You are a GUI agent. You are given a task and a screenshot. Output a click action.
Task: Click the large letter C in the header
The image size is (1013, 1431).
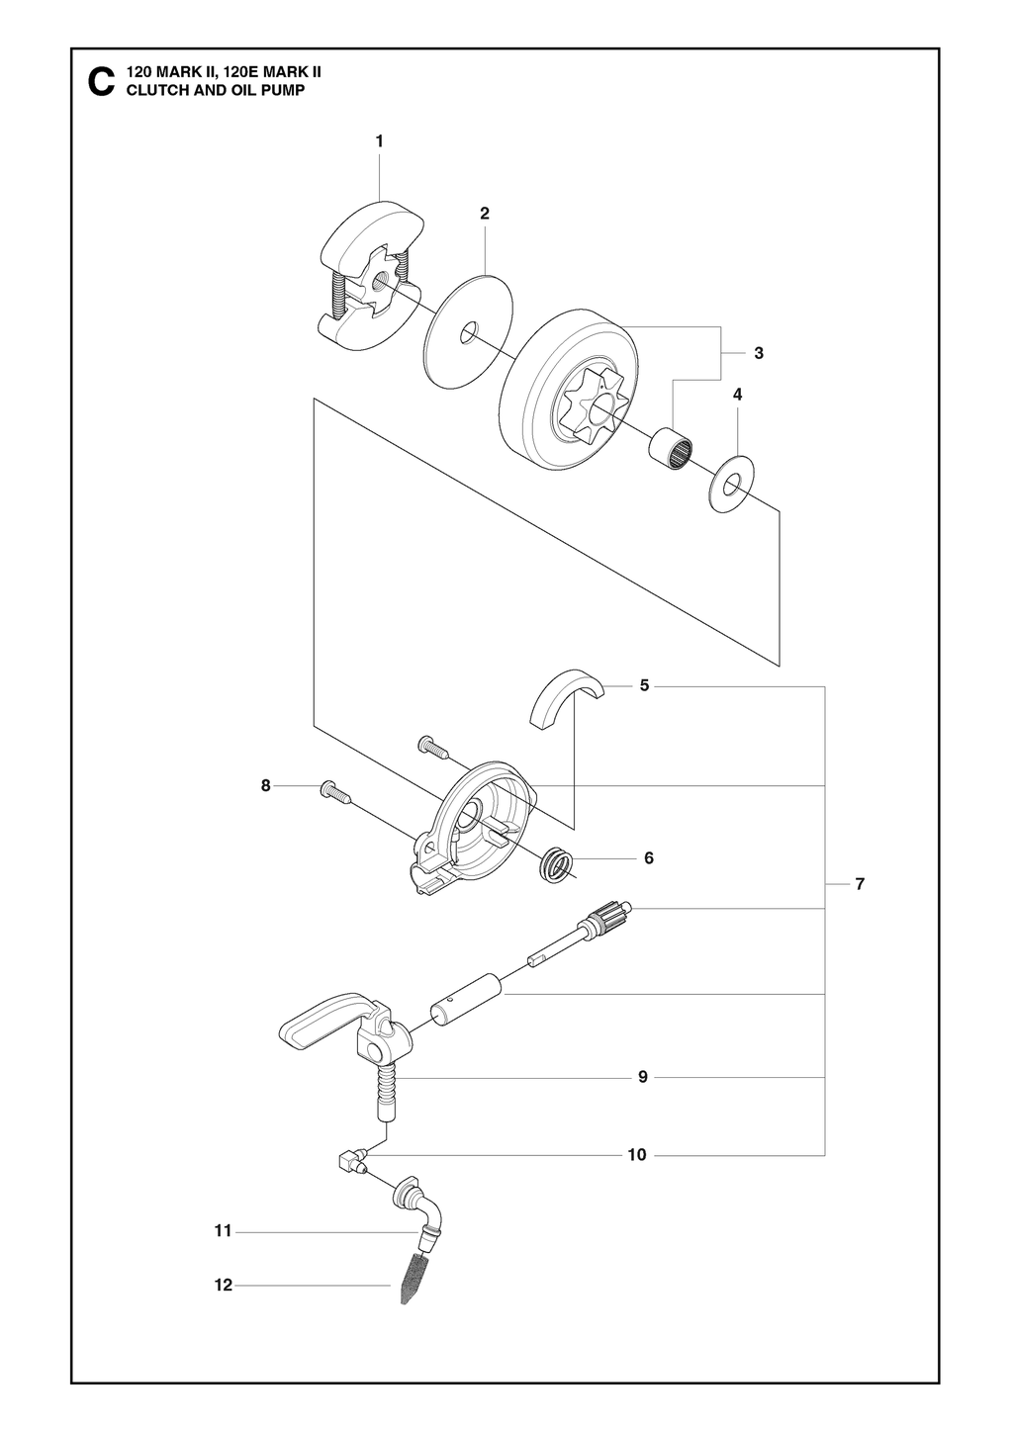[99, 81]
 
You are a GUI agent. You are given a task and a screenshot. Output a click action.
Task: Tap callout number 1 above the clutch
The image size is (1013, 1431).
[379, 141]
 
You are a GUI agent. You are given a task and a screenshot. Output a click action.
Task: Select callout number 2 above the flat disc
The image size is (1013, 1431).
[485, 213]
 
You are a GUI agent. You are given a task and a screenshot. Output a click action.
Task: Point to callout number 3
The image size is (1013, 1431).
[758, 352]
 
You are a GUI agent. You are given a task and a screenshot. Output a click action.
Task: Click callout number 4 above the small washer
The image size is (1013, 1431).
[738, 394]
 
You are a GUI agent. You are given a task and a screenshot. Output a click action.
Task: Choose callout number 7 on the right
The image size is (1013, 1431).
[860, 883]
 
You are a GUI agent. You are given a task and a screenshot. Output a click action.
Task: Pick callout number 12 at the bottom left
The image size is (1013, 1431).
[223, 1285]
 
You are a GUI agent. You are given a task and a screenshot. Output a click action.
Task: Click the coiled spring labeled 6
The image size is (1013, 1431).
[557, 864]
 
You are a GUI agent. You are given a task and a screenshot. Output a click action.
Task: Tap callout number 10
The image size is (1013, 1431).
[636, 1154]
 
